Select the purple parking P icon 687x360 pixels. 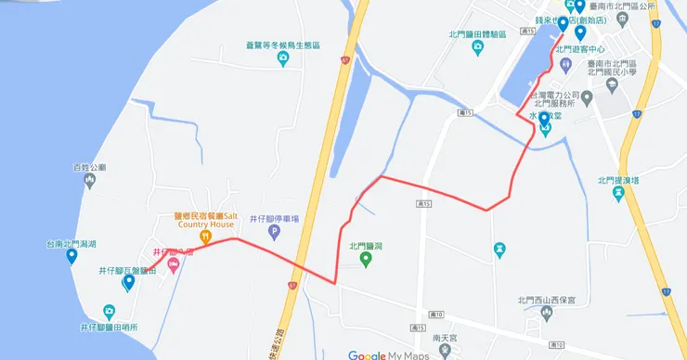274,232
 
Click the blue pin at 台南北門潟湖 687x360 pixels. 71,256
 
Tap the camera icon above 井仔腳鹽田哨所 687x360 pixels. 110,311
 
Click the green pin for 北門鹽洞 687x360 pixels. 366,259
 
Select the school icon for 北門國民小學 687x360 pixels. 612,84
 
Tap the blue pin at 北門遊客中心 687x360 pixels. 580,33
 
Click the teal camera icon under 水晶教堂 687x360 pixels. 545,129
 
